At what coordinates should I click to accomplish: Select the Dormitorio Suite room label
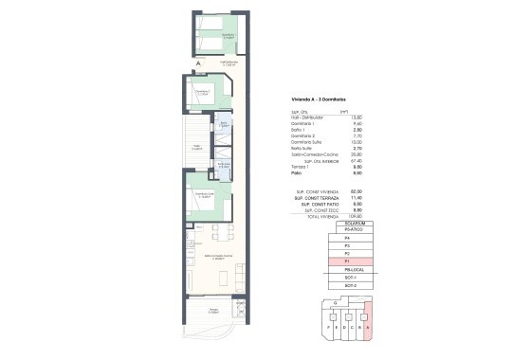(x=203, y=194)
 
